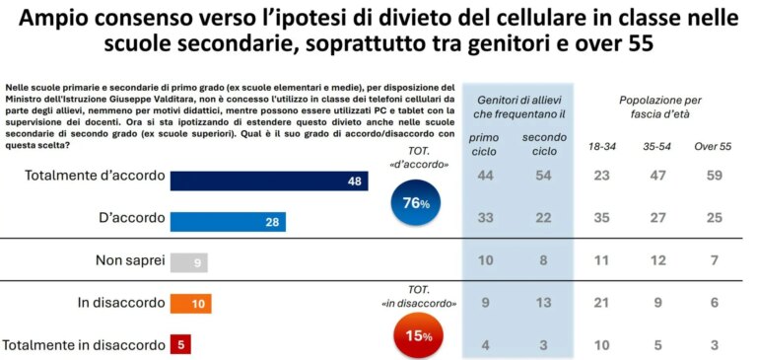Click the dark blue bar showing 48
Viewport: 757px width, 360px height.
tap(268, 180)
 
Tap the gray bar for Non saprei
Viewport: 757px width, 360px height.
tap(189, 262)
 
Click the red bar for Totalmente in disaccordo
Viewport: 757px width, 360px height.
tap(180, 344)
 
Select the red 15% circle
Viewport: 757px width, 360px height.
tap(416, 334)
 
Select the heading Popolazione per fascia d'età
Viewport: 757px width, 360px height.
tap(660, 107)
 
